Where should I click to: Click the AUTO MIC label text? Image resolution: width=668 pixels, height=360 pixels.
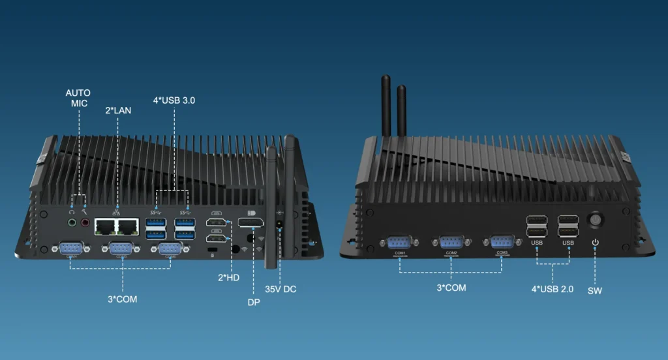78,98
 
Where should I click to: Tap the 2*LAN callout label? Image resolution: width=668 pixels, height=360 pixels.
118,110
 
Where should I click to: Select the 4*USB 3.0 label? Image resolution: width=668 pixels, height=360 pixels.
174,100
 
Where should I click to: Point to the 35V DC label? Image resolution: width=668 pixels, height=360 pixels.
281,289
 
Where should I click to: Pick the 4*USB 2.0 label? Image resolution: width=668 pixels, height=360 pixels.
553,289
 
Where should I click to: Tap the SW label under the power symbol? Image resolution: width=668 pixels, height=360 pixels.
595,290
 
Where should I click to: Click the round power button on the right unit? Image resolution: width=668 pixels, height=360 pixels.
595,220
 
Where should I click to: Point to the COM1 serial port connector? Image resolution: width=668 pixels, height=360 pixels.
399,242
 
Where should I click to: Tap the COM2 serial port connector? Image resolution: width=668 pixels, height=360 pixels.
451,242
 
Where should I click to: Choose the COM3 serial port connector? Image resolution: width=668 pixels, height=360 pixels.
502,242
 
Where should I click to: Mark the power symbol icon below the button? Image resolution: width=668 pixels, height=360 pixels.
595,243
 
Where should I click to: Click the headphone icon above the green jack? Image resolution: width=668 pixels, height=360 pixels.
71,211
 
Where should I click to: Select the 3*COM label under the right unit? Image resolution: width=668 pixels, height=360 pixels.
451,287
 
